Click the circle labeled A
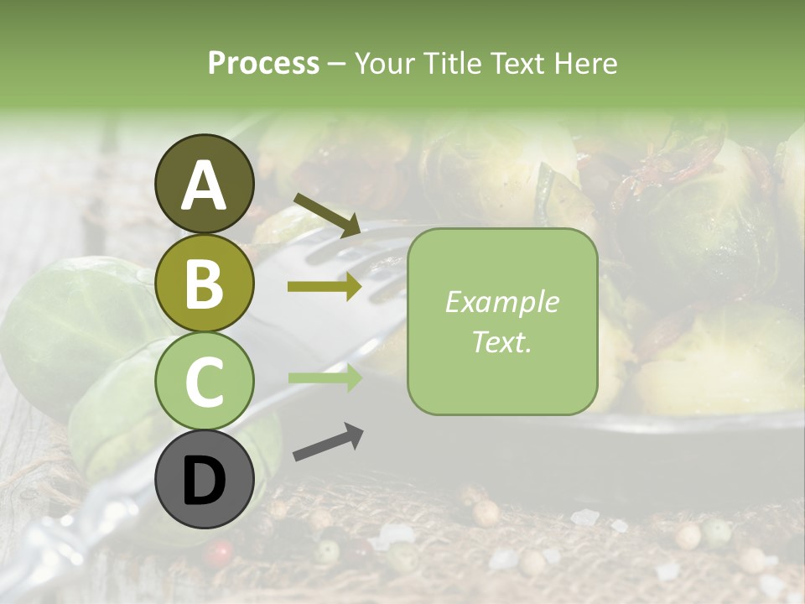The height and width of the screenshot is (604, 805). pyautogui.click(x=205, y=184)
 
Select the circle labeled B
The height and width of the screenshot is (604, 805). pyautogui.click(x=205, y=283)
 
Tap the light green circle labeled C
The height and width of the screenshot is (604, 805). pyautogui.click(x=205, y=382)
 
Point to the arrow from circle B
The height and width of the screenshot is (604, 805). pyautogui.click(x=325, y=287)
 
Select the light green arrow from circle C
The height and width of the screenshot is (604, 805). pyautogui.click(x=325, y=378)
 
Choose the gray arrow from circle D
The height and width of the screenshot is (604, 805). pyautogui.click(x=328, y=443)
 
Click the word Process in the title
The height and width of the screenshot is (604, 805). pyautogui.click(x=263, y=63)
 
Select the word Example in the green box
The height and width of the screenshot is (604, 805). pyautogui.click(x=501, y=302)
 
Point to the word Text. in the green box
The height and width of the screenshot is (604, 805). pyautogui.click(x=501, y=342)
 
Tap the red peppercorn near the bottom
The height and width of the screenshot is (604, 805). pyautogui.click(x=220, y=551)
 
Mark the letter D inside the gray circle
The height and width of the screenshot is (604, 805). pyautogui.click(x=205, y=482)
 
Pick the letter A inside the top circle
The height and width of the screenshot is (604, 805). pyautogui.click(x=205, y=185)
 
